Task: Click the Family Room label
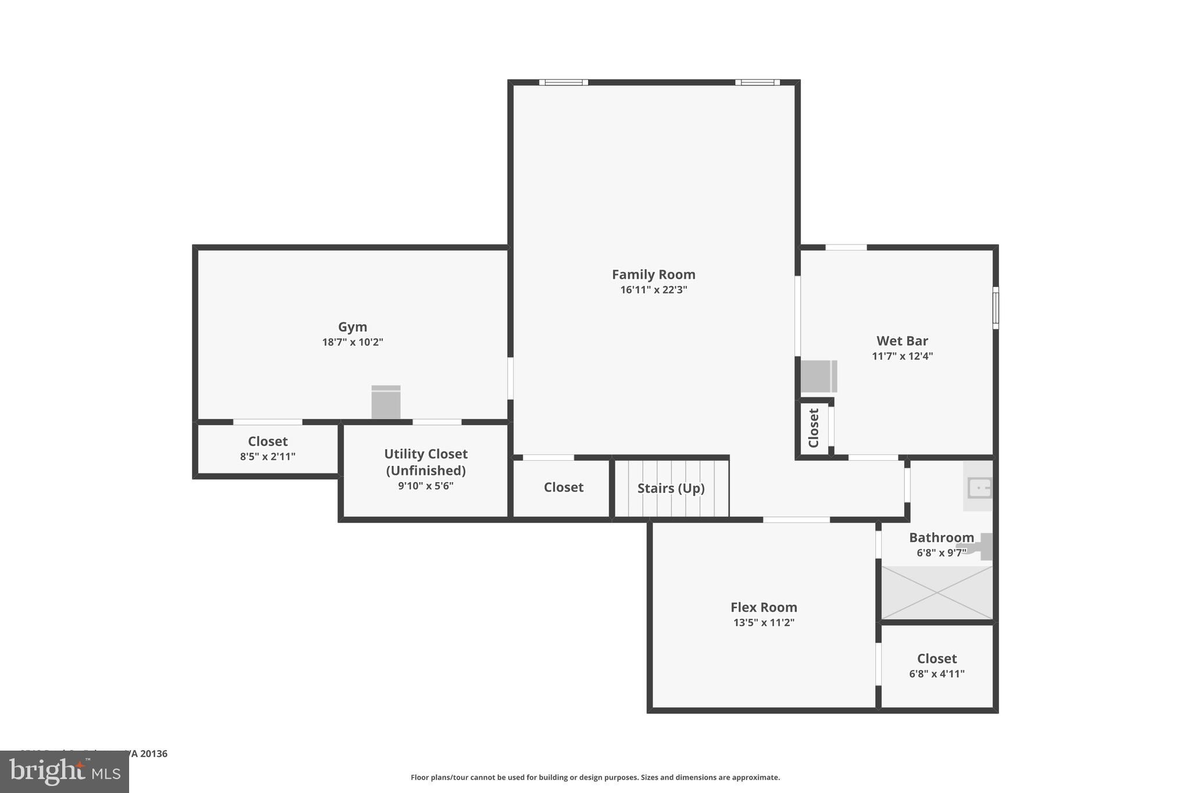(653, 274)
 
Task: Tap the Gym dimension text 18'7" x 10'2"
(352, 342)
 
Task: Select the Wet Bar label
(902, 341)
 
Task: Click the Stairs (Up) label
(671, 488)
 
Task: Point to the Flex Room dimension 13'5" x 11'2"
(764, 623)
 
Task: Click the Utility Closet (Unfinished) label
(426, 462)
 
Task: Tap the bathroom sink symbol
(979, 487)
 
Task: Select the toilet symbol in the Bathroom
(982, 546)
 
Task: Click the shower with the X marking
(937, 593)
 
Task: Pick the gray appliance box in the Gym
(386, 402)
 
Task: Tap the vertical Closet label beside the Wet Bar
(814, 428)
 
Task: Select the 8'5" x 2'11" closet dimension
(268, 457)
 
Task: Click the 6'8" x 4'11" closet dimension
(936, 674)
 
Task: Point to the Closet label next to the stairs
(563, 487)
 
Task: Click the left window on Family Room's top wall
(563, 82)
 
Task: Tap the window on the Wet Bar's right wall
(995, 307)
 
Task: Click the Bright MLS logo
(64, 772)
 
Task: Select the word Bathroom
(941, 537)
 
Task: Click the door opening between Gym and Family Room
(510, 378)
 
